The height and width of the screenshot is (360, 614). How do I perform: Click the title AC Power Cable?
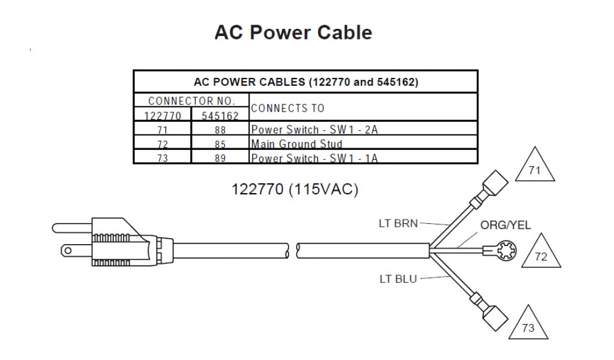293,32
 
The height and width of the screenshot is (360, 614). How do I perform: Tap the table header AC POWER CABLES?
305,82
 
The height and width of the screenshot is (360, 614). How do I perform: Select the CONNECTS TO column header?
288,108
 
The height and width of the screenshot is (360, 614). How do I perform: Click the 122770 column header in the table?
162,115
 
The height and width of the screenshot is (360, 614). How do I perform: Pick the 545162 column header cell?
219,115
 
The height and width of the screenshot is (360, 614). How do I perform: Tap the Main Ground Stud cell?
297,144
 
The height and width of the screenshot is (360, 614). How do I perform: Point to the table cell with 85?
219,144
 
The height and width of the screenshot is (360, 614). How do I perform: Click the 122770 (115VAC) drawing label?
295,190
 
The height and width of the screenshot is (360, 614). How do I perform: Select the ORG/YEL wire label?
506,226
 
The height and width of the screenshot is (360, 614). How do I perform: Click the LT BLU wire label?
393,278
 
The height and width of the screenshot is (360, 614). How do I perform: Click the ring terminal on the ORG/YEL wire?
499,247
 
